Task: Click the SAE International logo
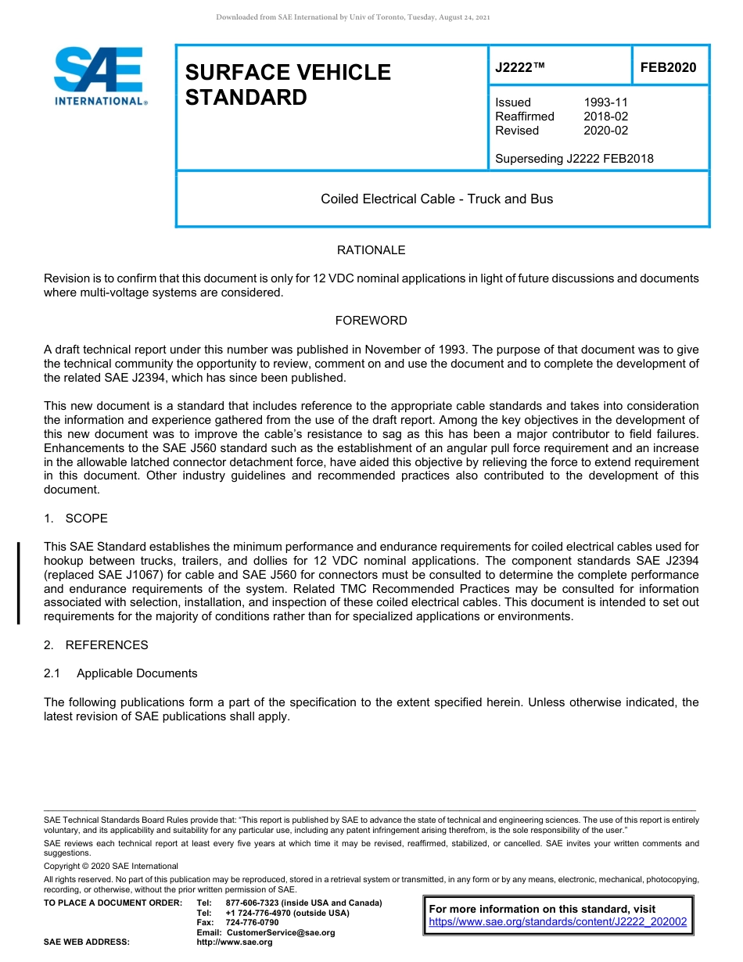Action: pos(99,77)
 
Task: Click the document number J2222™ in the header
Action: pos(519,68)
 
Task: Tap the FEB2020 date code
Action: pos(668,68)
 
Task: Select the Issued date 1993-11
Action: pos(605,102)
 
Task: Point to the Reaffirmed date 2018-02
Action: pos(605,117)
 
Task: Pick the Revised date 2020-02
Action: pos(605,131)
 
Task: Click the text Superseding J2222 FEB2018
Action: pos(574,159)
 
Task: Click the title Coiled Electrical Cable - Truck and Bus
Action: pos(436,199)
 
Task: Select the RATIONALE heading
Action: pos(371,250)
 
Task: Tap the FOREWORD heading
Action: pos(371,321)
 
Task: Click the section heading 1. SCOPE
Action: pos(76,519)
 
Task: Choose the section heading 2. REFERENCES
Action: pos(95,645)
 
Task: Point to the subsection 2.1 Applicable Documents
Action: pos(120,673)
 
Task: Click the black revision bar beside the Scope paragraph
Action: pos(19,583)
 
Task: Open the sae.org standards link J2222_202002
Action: pos(558,922)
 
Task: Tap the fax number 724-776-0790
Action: pos(252,923)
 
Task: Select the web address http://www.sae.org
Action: pos(234,942)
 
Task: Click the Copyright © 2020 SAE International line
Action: pos(111,866)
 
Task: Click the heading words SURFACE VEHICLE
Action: pos(288,73)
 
